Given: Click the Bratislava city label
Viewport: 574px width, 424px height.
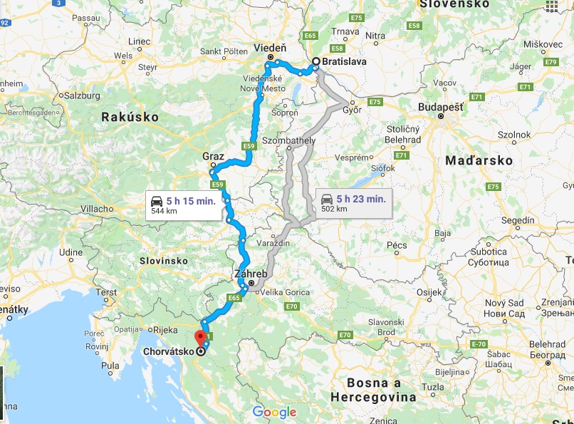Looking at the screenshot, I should pos(344,62).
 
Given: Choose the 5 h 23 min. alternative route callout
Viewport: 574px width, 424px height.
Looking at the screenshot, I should pos(353,202).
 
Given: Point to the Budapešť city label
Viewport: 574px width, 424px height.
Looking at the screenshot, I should pos(440,107).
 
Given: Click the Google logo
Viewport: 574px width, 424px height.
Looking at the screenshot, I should pos(274,412).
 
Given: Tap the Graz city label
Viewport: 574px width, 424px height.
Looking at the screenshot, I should pos(213,157).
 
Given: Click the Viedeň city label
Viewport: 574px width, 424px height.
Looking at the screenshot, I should pos(270,48).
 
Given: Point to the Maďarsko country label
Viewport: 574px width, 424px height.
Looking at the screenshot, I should pos(479,161).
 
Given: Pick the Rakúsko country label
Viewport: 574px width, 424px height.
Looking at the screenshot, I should pos(125,117).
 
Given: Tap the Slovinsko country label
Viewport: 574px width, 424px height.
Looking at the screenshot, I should pos(164,262).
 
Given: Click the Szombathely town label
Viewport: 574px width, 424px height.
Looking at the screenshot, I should pos(288,140).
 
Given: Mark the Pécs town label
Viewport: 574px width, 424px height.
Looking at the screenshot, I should pos(397,245).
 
